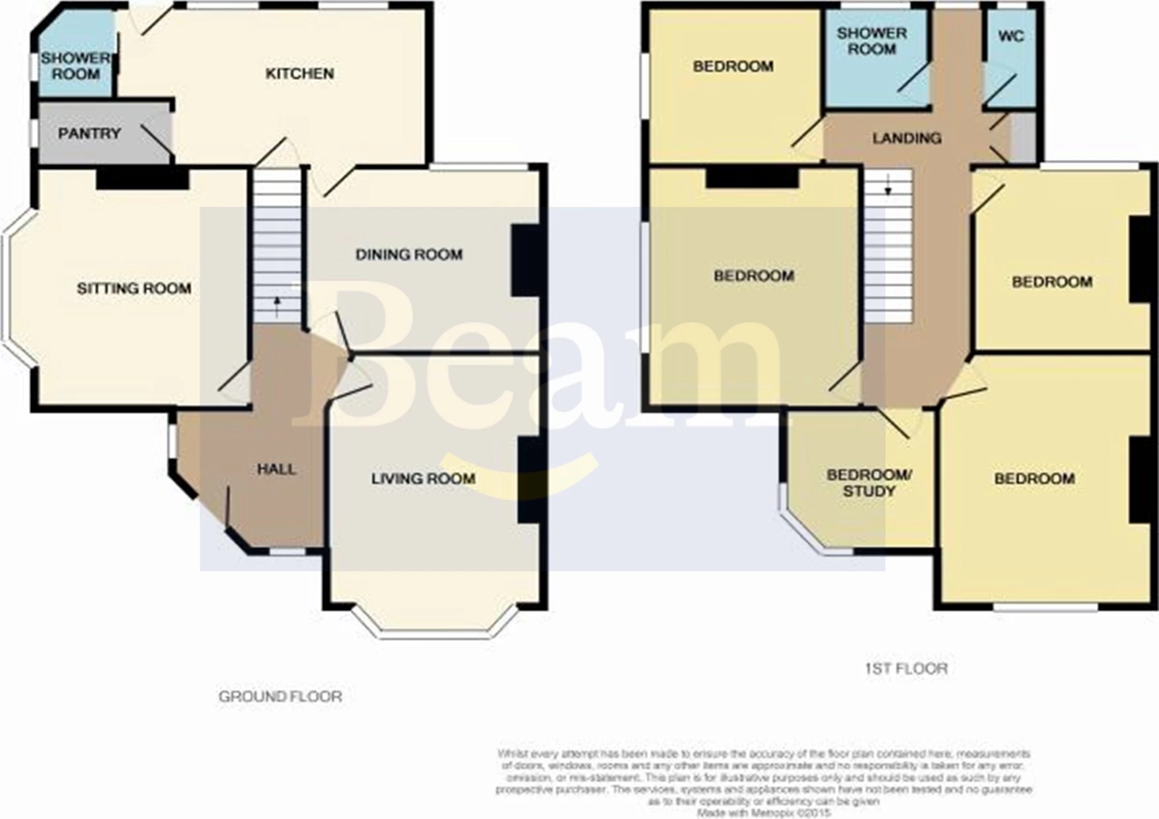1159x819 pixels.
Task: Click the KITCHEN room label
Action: coord(299,73)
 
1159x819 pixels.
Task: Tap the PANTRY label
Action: coord(89,133)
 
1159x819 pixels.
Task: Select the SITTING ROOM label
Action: coord(134,289)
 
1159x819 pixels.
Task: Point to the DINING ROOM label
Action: coord(409,254)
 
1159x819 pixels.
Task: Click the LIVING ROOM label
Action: coord(423,478)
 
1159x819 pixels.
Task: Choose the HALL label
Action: coord(276,469)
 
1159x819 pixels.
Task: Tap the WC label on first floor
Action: coord(1011,36)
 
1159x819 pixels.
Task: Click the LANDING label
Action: coord(907,138)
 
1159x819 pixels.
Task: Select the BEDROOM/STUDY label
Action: coord(869,483)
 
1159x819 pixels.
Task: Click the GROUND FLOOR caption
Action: coord(280,696)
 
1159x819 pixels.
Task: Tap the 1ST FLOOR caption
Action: coord(906,668)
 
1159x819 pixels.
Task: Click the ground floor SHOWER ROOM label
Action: coord(75,66)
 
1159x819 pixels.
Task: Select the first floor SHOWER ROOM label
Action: coord(872,41)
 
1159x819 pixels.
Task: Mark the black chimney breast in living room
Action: coord(531,480)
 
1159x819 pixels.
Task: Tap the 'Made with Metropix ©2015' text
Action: coord(763,813)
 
